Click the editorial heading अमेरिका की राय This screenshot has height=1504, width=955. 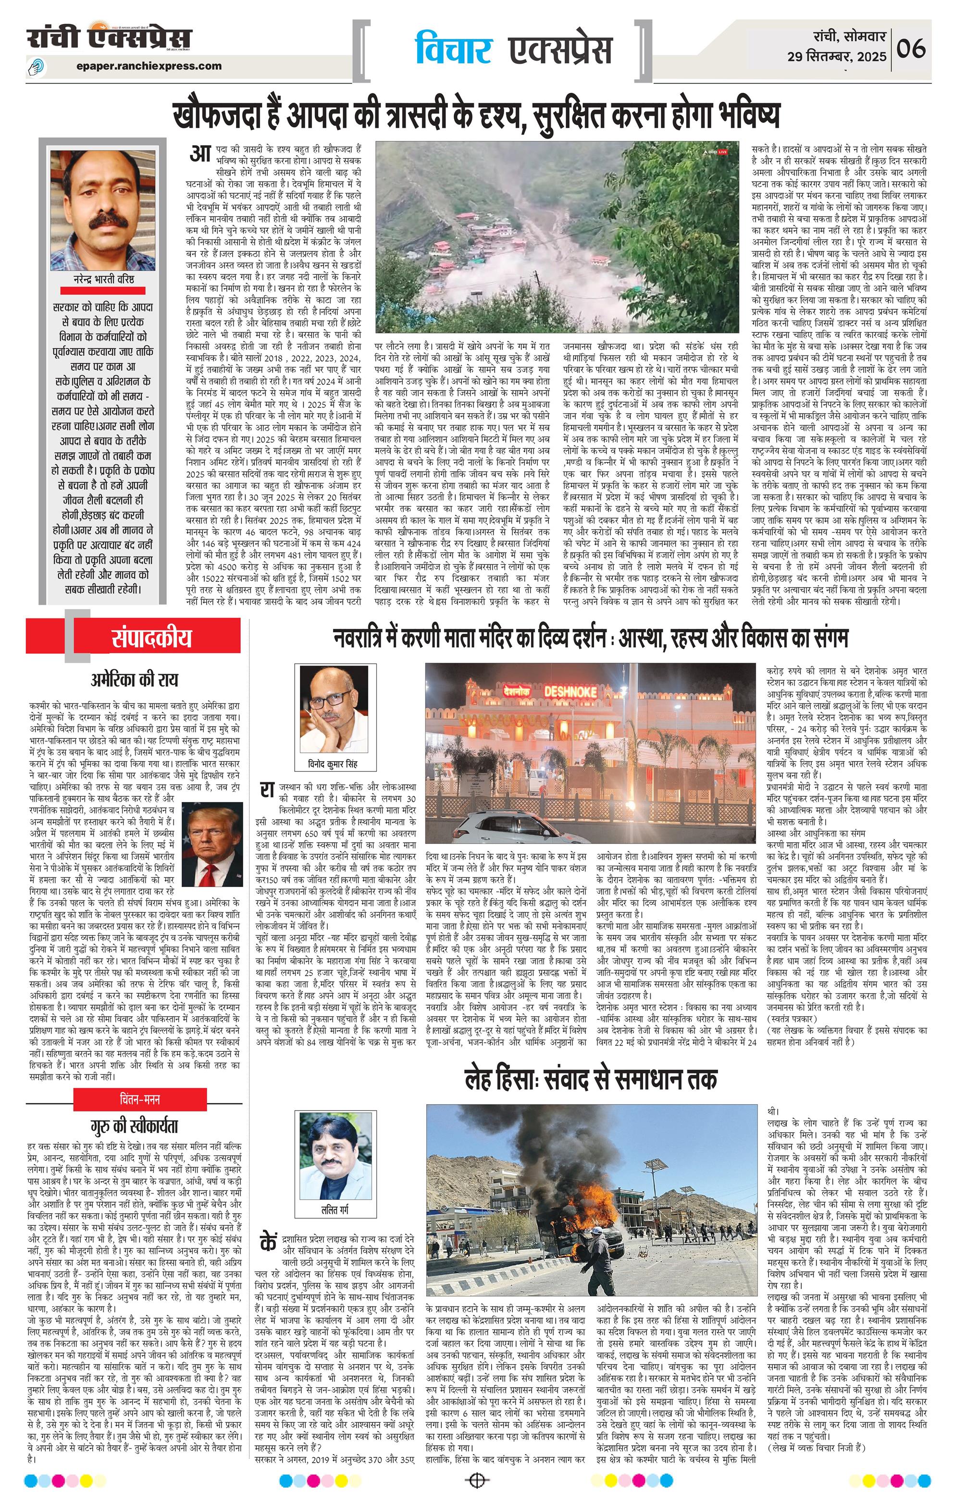click(134, 679)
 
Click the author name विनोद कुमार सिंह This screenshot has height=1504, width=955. click(334, 765)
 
